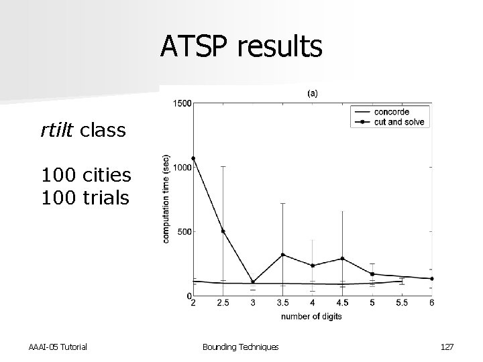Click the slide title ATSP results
click(241, 48)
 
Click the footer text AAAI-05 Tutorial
click(58, 347)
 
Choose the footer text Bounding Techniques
click(241, 347)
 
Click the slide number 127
click(446, 347)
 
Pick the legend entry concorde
click(392, 111)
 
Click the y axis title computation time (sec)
click(166, 199)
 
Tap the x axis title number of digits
click(312, 316)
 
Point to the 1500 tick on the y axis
click(182, 103)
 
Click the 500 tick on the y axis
click(184, 232)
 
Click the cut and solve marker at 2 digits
click(193, 158)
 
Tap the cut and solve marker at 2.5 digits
click(223, 231)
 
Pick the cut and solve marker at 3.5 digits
click(283, 255)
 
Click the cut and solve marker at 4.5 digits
click(342, 258)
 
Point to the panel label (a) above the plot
click(313, 93)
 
